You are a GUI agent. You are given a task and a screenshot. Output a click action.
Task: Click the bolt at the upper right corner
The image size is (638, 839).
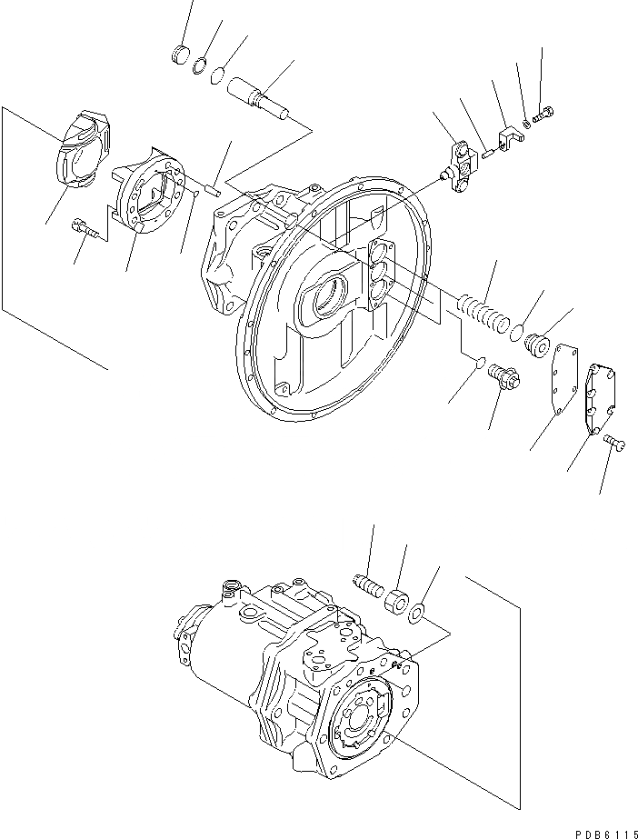point(545,115)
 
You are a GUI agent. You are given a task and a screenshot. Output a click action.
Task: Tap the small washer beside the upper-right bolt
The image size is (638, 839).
point(526,123)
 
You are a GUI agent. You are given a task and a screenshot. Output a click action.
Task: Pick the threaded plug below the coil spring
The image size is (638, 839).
point(502,376)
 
